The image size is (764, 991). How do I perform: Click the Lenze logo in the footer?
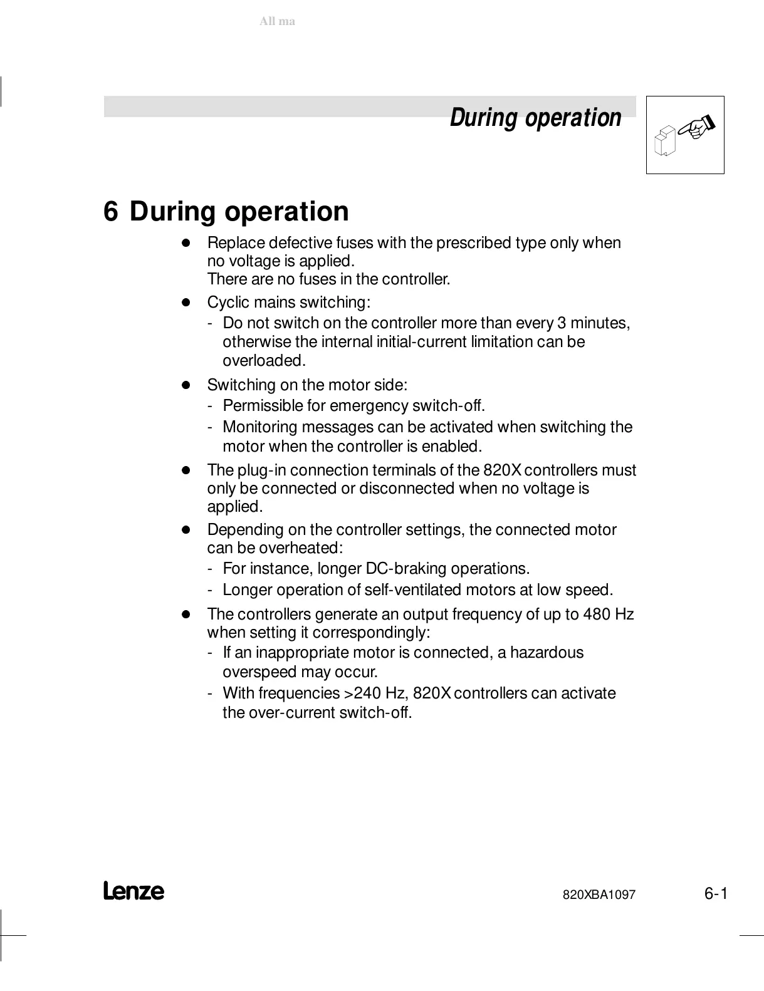click(133, 891)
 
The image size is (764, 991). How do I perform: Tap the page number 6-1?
click(715, 893)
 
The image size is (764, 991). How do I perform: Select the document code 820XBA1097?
click(599, 895)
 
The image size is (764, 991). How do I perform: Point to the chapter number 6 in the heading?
click(110, 212)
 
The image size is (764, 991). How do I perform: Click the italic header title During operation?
click(535, 118)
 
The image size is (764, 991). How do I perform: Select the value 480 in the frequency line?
click(596, 614)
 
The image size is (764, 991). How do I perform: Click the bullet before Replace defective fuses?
click(186, 242)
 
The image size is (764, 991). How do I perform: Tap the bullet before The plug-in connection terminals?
click(186, 470)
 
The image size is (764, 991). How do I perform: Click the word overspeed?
click(259, 672)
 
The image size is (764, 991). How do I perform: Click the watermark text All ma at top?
click(277, 21)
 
